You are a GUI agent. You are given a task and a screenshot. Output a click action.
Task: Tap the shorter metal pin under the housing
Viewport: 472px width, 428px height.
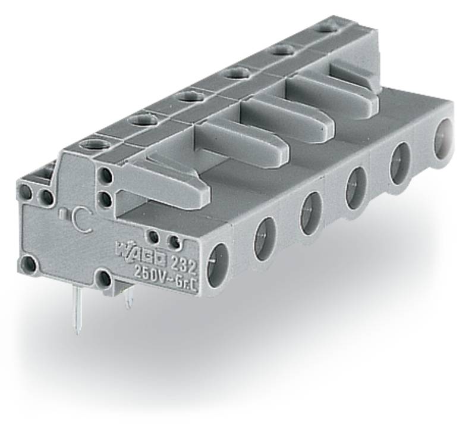pyautogui.click(x=129, y=299)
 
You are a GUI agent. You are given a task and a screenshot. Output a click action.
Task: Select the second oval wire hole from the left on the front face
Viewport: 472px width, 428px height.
pyautogui.click(x=265, y=238)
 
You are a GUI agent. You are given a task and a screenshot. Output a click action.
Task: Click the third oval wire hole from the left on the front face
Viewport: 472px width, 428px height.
pyautogui.click(x=310, y=213)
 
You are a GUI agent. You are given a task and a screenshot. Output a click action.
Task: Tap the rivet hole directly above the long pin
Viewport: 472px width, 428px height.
pyautogui.click(x=103, y=279)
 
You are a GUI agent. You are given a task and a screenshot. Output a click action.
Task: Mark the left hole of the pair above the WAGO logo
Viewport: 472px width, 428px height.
pyautogui.click(x=153, y=237)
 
